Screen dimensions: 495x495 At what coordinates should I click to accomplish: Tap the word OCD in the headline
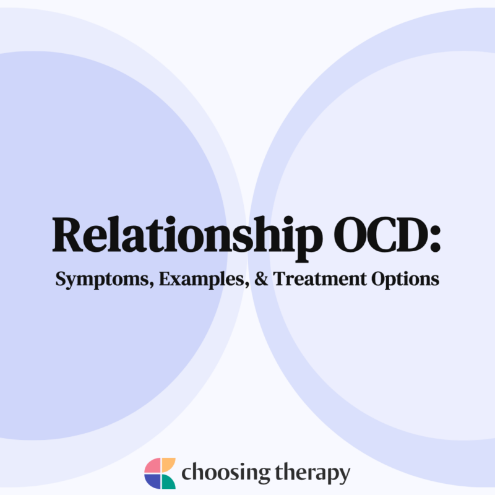375,235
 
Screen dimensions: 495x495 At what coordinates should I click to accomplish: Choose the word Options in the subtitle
405,280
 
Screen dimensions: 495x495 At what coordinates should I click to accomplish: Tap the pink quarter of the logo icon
152,466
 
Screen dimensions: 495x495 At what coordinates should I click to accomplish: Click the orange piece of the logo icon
168,465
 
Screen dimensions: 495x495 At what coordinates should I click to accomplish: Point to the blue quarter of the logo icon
152,481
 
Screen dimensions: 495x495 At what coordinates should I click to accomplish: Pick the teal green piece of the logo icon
168,481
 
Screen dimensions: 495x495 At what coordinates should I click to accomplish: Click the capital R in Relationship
70,235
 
